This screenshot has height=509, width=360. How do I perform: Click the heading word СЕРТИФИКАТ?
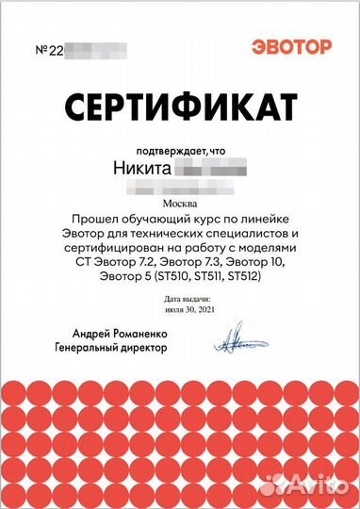180,103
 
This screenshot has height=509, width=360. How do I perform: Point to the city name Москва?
181,203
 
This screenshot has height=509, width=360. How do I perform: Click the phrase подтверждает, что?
180,148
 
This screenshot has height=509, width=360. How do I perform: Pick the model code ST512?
240,275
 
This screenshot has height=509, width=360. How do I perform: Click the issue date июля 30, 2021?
180,308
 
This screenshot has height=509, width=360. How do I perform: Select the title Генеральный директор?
110,347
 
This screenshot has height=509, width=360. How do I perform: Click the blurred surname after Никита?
211,170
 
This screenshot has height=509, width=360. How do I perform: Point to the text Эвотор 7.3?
190,261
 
